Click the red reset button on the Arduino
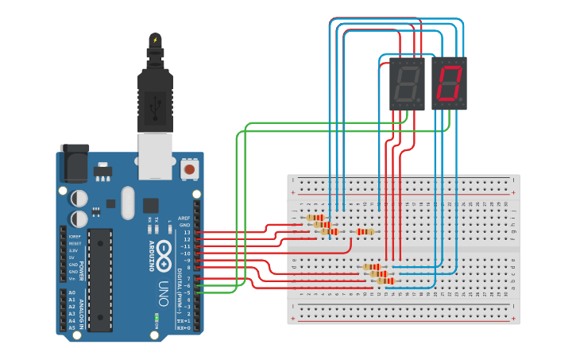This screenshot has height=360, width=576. click(189, 169)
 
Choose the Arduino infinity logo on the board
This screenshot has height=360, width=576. click(164, 248)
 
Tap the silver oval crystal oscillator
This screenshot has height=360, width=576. click(128, 203)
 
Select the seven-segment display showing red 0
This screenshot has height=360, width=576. click(449, 83)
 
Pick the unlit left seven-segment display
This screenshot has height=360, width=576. click(406, 83)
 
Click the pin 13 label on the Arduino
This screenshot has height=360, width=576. click(187, 233)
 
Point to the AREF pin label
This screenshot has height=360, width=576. click(184, 218)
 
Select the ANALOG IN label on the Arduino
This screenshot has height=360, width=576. click(80, 310)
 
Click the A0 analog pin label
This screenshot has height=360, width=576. click(72, 293)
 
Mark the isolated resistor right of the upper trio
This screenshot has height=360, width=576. click(365, 232)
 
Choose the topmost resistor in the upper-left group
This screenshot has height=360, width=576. click(315, 218)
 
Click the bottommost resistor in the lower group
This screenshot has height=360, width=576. click(385, 281)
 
